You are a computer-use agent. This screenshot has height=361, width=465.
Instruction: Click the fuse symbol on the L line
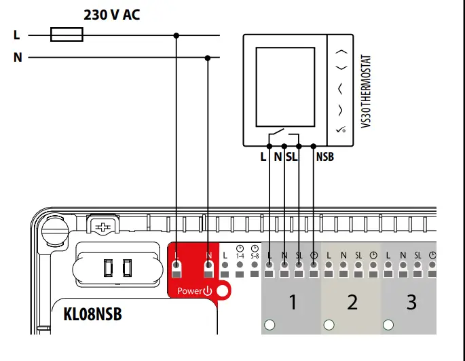[67, 34]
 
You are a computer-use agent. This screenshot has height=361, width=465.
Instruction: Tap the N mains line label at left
[18, 58]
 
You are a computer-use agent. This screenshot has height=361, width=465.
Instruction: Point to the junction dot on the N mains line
[208, 58]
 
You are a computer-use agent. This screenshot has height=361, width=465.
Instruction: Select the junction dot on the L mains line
[177, 34]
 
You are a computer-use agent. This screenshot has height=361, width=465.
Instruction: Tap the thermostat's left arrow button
[341, 88]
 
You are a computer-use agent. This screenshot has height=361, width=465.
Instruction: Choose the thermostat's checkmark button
[341, 129]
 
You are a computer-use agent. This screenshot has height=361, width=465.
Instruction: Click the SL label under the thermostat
[292, 157]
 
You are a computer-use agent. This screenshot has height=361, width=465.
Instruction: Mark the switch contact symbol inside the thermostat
[277, 133]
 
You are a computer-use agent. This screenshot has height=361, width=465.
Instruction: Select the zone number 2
[352, 302]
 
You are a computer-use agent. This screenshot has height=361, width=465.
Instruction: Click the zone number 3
[411, 302]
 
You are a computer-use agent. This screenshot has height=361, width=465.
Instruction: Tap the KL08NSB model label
[92, 315]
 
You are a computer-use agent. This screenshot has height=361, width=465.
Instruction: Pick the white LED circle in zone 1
[269, 324]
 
